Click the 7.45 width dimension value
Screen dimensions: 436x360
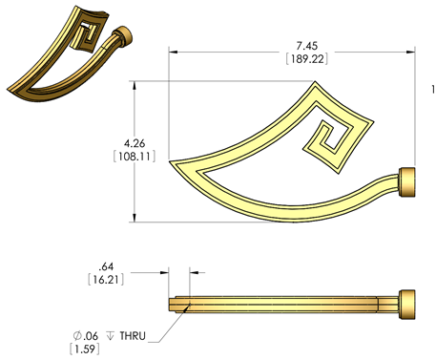click(307, 46)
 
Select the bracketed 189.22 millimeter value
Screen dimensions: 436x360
click(307, 59)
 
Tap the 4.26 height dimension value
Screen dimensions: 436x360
click(135, 143)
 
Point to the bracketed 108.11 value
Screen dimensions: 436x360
click(135, 157)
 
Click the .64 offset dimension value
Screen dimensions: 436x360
click(106, 266)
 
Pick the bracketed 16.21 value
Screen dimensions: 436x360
click(106, 280)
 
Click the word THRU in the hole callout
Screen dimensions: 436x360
click(133, 336)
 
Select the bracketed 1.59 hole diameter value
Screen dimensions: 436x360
click(85, 349)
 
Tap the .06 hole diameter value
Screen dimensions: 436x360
click(91, 336)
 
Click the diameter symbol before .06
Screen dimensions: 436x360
click(77, 335)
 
